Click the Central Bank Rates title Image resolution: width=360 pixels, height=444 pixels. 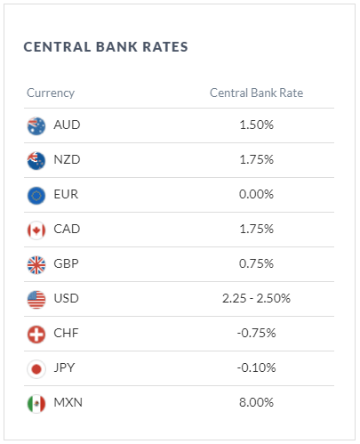tap(106, 47)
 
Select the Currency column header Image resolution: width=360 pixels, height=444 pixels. tap(51, 93)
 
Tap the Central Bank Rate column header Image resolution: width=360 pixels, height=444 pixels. tap(256, 93)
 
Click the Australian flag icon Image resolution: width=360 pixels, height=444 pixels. tap(36, 126)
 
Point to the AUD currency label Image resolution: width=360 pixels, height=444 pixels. tap(67, 125)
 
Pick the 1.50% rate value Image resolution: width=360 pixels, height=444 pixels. tap(256, 125)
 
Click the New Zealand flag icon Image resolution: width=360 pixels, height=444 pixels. tap(36, 161)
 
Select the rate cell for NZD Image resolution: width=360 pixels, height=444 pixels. tap(256, 159)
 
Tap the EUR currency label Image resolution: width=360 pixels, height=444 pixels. tap(66, 194)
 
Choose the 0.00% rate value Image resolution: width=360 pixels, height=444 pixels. tap(256, 194)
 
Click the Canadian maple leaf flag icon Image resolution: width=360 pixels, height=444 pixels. tap(36, 230)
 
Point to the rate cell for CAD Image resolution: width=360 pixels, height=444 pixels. tap(256, 229)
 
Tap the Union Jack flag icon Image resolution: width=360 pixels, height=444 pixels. tap(36, 265)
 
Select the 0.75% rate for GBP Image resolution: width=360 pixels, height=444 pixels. tap(256, 263)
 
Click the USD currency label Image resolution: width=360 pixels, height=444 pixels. tap(66, 298)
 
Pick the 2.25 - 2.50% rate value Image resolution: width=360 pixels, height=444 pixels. tap(256, 298)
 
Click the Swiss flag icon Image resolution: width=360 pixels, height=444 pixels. tap(36, 335)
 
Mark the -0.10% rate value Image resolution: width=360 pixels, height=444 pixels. tap(256, 367)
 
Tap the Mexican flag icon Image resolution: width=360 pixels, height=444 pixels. tap(36, 404)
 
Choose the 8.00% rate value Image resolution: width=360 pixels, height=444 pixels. tap(256, 402)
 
